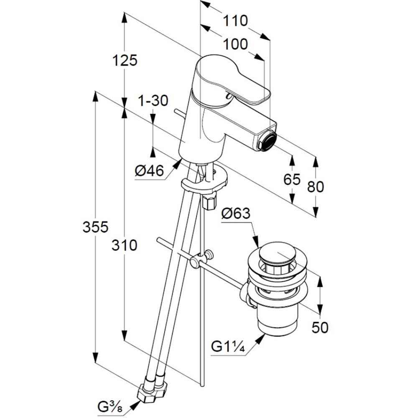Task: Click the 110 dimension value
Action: [x=235, y=20]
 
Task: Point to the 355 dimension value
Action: [x=96, y=227]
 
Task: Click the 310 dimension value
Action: [x=124, y=245]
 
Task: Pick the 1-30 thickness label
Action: [x=153, y=100]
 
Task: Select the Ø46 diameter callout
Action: [x=150, y=171]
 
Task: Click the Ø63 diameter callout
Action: [x=236, y=214]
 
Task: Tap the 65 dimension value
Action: [x=292, y=179]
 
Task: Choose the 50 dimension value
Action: [x=320, y=327]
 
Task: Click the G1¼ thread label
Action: [x=227, y=347]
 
